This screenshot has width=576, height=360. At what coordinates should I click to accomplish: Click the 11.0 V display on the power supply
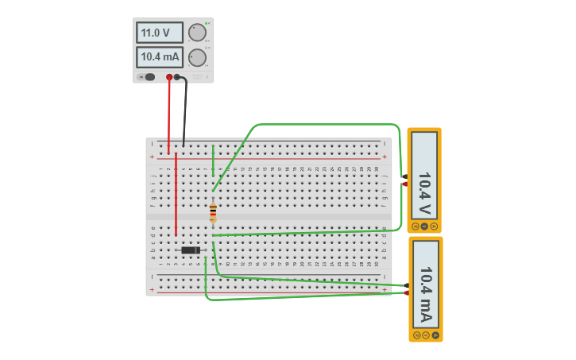coord(160,33)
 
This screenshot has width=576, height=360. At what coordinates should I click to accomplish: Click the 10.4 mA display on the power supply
coord(160,57)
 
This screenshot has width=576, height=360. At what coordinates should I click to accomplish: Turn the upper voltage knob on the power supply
coord(197,33)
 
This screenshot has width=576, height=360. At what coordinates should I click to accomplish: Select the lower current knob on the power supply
coord(197,57)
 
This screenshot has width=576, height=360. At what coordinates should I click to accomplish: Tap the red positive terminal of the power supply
coord(169,77)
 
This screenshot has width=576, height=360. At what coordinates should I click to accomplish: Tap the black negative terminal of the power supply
coord(177,77)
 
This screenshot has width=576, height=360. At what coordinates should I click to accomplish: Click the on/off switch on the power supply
coord(149,77)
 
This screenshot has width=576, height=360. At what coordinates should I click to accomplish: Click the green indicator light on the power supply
coord(207,23)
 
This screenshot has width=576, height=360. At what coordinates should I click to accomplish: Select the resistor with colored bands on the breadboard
coord(213,212)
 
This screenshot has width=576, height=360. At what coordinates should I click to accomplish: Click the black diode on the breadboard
coord(190,250)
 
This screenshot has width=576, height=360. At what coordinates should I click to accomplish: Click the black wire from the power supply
coord(186,111)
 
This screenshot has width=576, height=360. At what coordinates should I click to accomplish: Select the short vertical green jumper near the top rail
coord(213,156)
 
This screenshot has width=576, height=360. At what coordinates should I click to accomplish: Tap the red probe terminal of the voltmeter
coord(404,184)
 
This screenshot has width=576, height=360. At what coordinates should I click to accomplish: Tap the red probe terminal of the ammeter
coord(406,292)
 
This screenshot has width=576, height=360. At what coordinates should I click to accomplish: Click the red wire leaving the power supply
coord(168,115)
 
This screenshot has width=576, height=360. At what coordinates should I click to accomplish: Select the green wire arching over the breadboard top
coord(326,125)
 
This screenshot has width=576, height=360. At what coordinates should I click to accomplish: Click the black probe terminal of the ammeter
coord(406,285)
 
